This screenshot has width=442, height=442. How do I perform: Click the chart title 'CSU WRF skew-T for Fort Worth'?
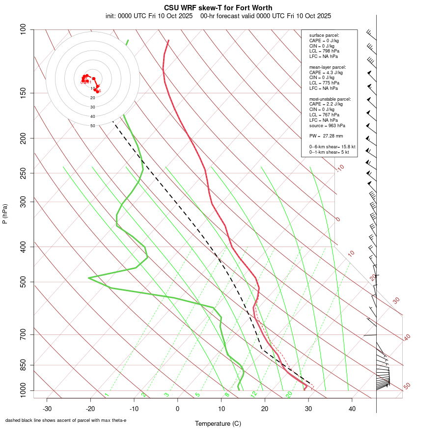point(218,8)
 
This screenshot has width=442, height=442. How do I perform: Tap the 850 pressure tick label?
point(24,365)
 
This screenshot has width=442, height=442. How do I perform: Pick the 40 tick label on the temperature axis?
point(352,408)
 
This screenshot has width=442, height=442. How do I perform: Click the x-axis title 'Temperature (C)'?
point(218,423)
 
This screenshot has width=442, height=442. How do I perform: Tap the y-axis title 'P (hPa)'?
point(5,214)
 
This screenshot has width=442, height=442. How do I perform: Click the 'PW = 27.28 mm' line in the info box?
point(326,136)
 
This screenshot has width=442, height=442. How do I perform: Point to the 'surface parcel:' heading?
point(324,35)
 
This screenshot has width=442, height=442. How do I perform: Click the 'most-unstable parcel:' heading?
point(330,99)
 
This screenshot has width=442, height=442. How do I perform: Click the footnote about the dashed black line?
point(66,420)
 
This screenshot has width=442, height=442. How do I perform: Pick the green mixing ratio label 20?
point(289,394)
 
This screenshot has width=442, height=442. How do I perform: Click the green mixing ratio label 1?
point(107,394)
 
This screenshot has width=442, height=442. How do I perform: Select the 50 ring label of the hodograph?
point(93,126)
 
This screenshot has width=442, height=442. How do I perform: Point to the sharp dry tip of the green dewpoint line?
point(89,278)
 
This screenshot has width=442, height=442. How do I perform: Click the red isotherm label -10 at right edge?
point(340,168)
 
